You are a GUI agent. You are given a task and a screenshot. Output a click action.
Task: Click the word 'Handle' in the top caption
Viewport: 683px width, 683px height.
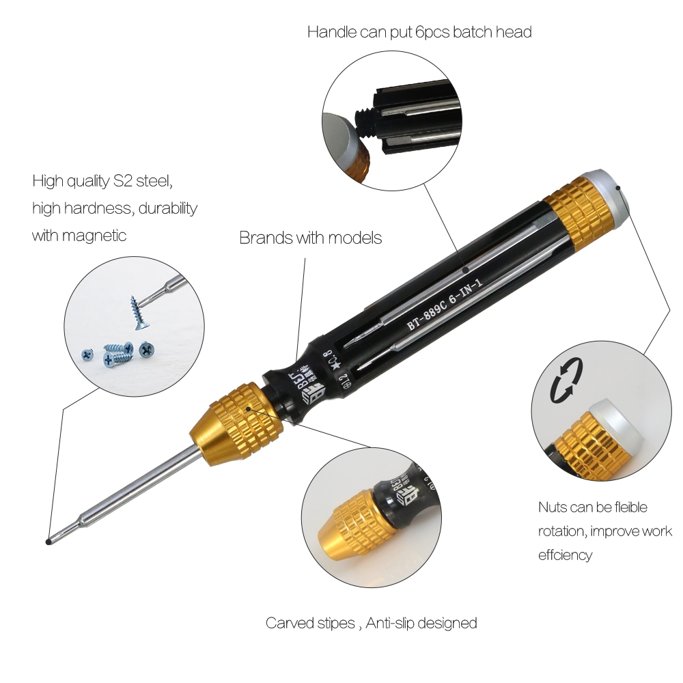click(332, 32)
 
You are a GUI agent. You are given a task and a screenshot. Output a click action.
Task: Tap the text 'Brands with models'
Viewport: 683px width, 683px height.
click(311, 238)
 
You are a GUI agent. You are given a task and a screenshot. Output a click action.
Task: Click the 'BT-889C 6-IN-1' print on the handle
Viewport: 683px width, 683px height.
click(445, 304)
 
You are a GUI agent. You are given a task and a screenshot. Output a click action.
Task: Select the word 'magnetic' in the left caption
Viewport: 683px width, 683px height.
click(94, 236)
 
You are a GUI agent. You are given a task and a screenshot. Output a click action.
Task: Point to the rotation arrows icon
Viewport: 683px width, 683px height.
click(566, 379)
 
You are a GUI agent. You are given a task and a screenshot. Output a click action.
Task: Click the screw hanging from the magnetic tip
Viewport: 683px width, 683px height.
click(138, 312)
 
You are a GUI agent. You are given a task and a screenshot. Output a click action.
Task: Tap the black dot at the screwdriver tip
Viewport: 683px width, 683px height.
click(48, 542)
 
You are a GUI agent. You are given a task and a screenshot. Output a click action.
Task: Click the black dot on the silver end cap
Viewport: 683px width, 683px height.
click(618, 188)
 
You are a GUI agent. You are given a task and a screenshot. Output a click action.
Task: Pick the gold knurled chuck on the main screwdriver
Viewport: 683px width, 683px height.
click(235, 423)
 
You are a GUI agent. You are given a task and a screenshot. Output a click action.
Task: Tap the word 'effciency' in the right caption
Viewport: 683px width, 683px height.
click(565, 555)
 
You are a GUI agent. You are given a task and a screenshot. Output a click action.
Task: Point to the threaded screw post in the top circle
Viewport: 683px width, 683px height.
click(364, 117)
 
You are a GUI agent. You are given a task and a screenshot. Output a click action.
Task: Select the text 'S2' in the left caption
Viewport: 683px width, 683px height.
click(122, 181)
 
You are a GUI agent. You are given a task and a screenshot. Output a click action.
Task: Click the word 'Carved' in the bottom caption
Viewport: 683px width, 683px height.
click(288, 623)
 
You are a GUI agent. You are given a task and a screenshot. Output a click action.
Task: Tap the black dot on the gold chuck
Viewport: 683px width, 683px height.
click(249, 408)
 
